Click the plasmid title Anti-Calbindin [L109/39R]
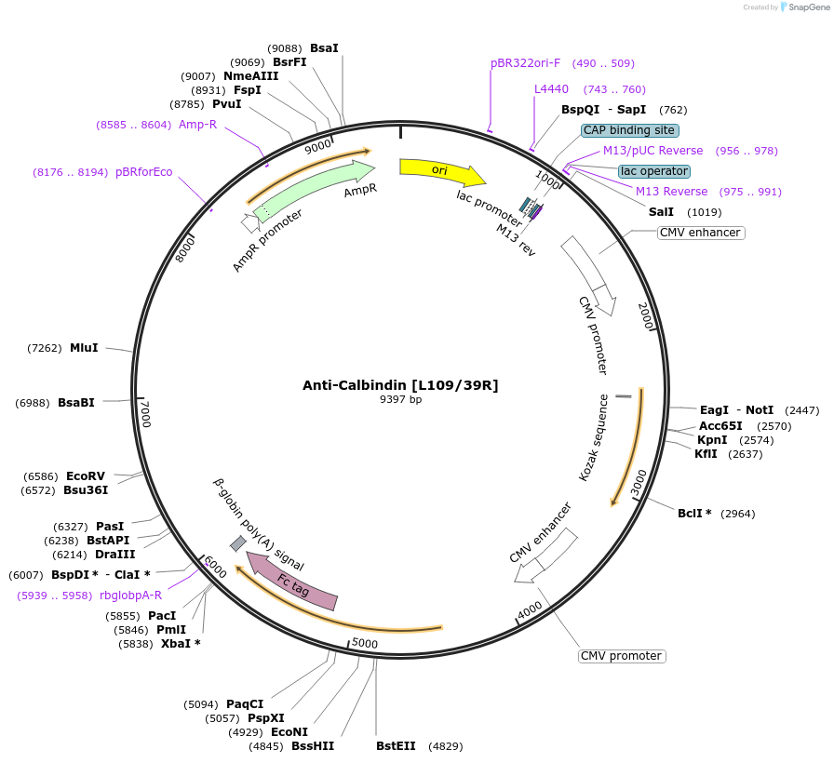click(x=400, y=385)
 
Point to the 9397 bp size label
click(x=400, y=399)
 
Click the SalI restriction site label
click(x=661, y=212)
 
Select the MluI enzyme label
click(x=84, y=348)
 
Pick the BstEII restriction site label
click(x=396, y=746)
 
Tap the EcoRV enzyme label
click(x=86, y=476)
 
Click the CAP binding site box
click(x=630, y=130)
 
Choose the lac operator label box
click(x=654, y=171)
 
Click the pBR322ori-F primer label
click(x=525, y=63)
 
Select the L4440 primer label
click(x=551, y=89)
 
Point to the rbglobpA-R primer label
click(x=130, y=596)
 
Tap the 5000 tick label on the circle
click(x=365, y=643)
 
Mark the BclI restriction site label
click(x=694, y=514)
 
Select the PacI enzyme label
click(x=162, y=616)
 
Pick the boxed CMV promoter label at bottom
click(x=622, y=656)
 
